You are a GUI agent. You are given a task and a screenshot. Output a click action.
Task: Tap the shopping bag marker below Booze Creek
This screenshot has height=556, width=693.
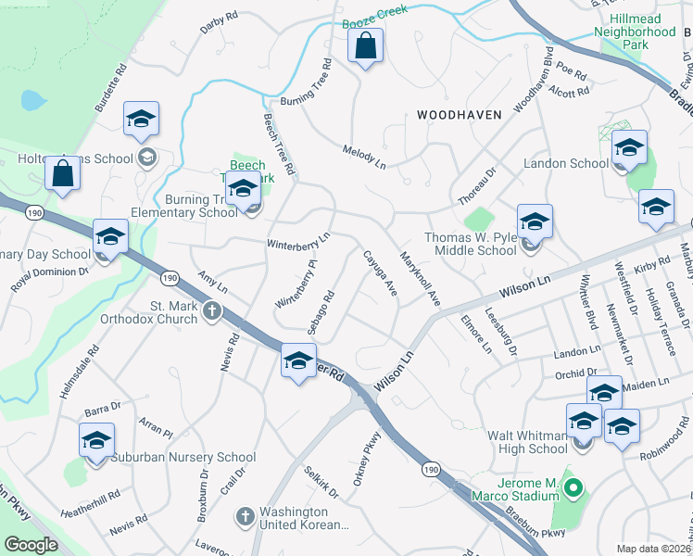[366, 46]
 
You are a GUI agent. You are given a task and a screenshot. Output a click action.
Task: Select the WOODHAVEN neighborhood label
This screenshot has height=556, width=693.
[459, 115]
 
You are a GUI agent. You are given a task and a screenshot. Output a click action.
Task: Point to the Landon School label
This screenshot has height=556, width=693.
[566, 163]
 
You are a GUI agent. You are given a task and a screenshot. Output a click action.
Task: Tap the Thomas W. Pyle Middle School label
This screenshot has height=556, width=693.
[470, 244]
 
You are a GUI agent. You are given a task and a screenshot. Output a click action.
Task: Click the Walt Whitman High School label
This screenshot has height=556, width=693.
[527, 442]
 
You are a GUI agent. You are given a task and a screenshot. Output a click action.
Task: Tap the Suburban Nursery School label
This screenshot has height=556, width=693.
[183, 457]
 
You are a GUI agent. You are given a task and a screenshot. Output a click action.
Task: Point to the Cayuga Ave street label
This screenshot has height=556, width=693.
[380, 274]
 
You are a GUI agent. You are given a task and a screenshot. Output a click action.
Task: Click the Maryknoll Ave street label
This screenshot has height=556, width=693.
[419, 276]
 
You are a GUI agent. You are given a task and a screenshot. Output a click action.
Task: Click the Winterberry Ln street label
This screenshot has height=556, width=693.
[298, 243]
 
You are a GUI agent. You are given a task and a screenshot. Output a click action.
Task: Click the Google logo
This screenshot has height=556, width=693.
[31, 545]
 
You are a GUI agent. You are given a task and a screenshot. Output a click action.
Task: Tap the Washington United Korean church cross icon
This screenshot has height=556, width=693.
[246, 516]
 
